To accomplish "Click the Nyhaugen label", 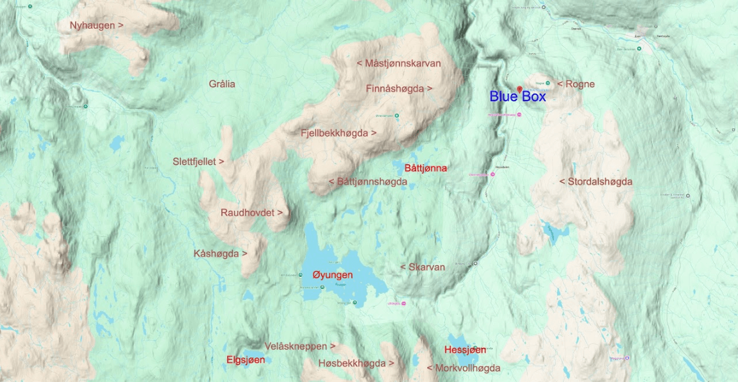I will point(96,26).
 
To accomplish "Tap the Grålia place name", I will point(222,84).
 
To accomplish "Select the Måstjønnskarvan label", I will point(398,63).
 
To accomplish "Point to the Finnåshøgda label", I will point(399,88).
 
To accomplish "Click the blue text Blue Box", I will point(517,97).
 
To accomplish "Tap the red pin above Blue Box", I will point(519,88).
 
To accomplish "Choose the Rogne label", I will point(576,84).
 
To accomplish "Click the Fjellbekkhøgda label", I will point(339,133).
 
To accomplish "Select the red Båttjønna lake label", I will point(426,168).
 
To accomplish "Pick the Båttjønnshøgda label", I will point(368,182).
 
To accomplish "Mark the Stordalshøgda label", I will point(596,182).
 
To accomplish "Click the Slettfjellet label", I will point(198,162).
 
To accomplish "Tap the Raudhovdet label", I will point(251,212).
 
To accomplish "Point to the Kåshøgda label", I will point(221,254).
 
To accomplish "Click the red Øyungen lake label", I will point(332,274).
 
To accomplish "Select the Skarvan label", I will point(423,267).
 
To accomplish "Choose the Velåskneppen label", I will point(300,346).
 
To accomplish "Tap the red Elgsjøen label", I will point(246,360).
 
